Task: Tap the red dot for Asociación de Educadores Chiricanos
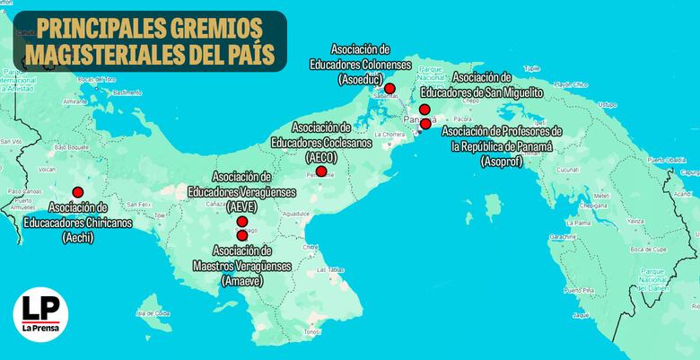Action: pyautogui.click(x=78, y=191)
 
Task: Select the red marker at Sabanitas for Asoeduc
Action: pyautogui.click(x=390, y=87)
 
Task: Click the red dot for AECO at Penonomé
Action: pyautogui.click(x=321, y=171)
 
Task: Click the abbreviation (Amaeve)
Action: pyautogui.click(x=242, y=281)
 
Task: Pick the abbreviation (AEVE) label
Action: pyautogui.click(x=243, y=206)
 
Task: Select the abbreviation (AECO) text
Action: pyautogui.click(x=320, y=155)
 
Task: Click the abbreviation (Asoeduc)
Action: pyautogui.click(x=361, y=80)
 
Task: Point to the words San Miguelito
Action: pyautogui.click(x=511, y=92)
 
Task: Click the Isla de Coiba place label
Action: pyautogui.click(x=153, y=313)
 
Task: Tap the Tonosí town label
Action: pyautogui.click(x=311, y=331)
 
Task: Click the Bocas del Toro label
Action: pyautogui.click(x=98, y=79)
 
